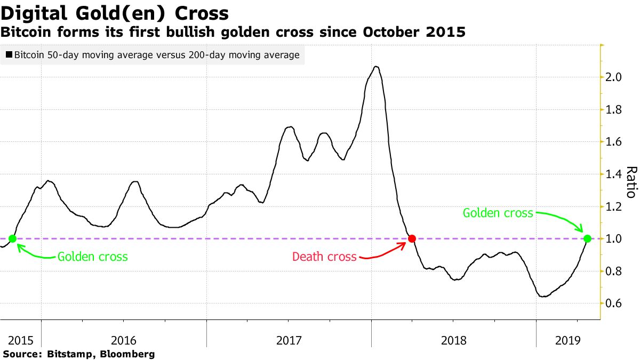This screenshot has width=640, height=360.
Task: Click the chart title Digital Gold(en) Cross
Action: pos(115,13)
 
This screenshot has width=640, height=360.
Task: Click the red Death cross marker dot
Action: pos(412,238)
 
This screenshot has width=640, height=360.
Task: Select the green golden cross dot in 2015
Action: pos(12,238)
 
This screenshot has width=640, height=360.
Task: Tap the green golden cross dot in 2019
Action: pos(587,238)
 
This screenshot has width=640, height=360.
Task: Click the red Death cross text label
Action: pos(324,257)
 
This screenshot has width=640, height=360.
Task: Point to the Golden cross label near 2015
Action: pos(92,257)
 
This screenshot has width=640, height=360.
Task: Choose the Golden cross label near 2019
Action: pos(498,213)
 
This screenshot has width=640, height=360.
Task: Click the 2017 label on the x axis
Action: pos(288,340)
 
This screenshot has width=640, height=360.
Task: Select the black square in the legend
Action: pos(9,55)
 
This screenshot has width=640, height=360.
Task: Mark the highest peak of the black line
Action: pos(376,67)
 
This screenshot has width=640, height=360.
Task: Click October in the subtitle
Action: pos(392,33)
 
